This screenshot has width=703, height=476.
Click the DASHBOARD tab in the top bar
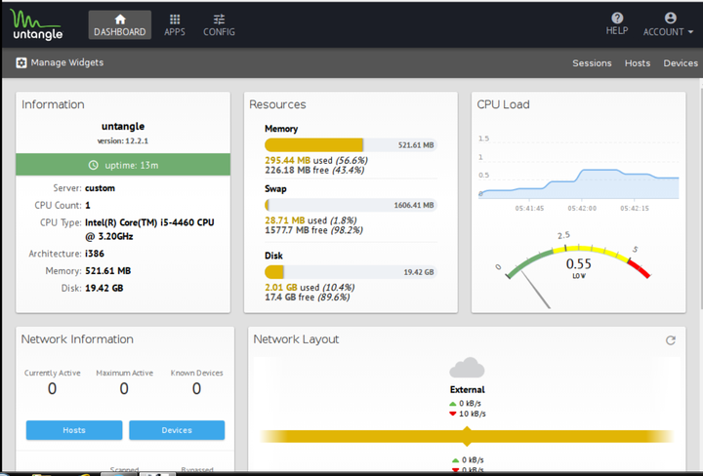tap(119, 24)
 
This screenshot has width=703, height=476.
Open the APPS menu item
tap(175, 24)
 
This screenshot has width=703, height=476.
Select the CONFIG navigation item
tap(219, 24)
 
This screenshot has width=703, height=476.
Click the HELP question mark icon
tap(617, 19)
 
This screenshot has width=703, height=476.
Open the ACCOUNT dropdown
tap(669, 24)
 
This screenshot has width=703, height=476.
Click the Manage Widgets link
tap(60, 62)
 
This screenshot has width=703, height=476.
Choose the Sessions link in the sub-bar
tap(592, 63)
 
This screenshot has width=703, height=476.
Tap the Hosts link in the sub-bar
tap(638, 63)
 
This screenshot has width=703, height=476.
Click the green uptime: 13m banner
tap(123, 165)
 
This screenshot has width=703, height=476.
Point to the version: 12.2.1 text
tap(123, 140)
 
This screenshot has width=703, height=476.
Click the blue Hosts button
tap(74, 430)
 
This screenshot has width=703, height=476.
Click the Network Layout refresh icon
tap(671, 340)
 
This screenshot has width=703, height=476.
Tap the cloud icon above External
tap(467, 369)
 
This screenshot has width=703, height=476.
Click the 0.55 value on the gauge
tap(579, 263)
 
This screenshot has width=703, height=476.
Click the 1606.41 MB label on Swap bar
tap(415, 206)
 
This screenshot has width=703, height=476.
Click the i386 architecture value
tap(96, 254)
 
